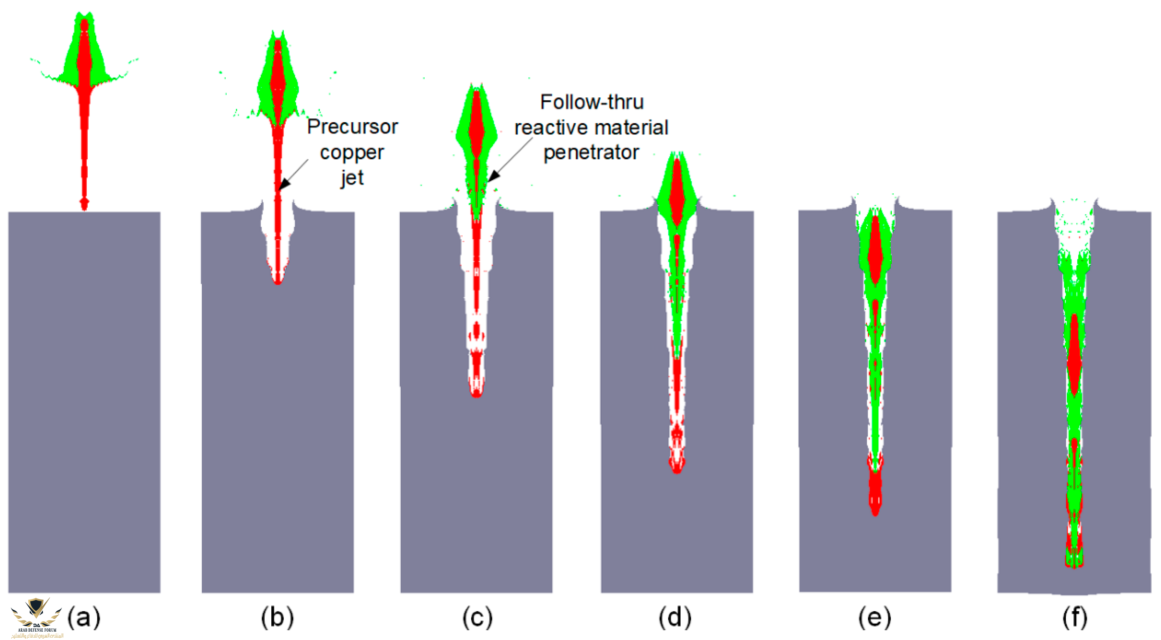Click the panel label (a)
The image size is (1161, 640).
pyautogui.click(x=84, y=617)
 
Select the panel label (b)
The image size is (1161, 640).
pyautogui.click(x=277, y=617)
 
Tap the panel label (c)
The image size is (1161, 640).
pyautogui.click(x=477, y=617)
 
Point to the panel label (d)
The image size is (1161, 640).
pyautogui.click(x=675, y=617)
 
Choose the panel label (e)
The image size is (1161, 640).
pyautogui.click(x=874, y=617)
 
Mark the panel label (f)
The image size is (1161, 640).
pyautogui.click(x=1074, y=617)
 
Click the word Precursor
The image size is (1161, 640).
pyautogui.click(x=352, y=127)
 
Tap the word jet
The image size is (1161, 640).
pyautogui.click(x=352, y=178)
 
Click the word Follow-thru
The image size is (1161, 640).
pyautogui.click(x=592, y=102)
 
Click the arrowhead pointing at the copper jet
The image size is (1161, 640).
pyautogui.click(x=284, y=185)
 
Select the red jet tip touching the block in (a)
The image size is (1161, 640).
pyautogui.click(x=84, y=205)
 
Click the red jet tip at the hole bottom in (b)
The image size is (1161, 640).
pyautogui.click(x=278, y=279)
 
